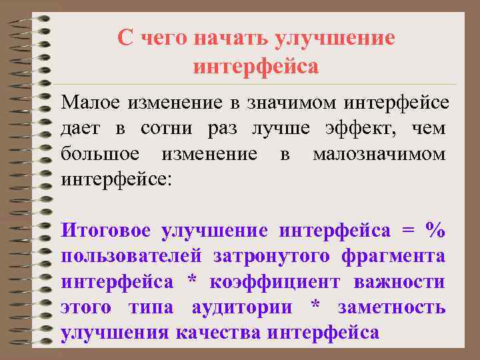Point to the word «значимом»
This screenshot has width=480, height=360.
click(x=293, y=103)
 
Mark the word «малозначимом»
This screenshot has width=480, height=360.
click(x=379, y=154)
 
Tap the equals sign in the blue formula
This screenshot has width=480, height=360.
click(x=407, y=231)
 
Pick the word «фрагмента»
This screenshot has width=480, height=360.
click(x=393, y=257)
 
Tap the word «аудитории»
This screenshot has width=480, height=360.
click(x=241, y=307)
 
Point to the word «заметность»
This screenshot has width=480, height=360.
click(x=391, y=307)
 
